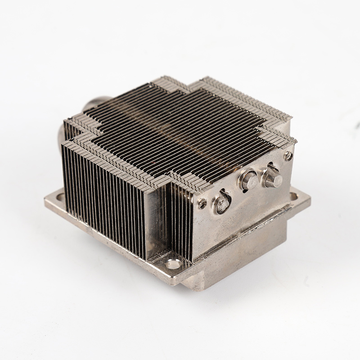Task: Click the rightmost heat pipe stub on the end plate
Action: pyautogui.click(x=272, y=178)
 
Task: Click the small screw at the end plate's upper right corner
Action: pyautogui.click(x=288, y=156)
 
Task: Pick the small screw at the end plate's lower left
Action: pyautogui.click(x=202, y=203)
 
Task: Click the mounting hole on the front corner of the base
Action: pyautogui.click(x=173, y=264)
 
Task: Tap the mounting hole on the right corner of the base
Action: pyautogui.click(x=293, y=196)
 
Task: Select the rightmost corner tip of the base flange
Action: pyautogui.click(x=310, y=201)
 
